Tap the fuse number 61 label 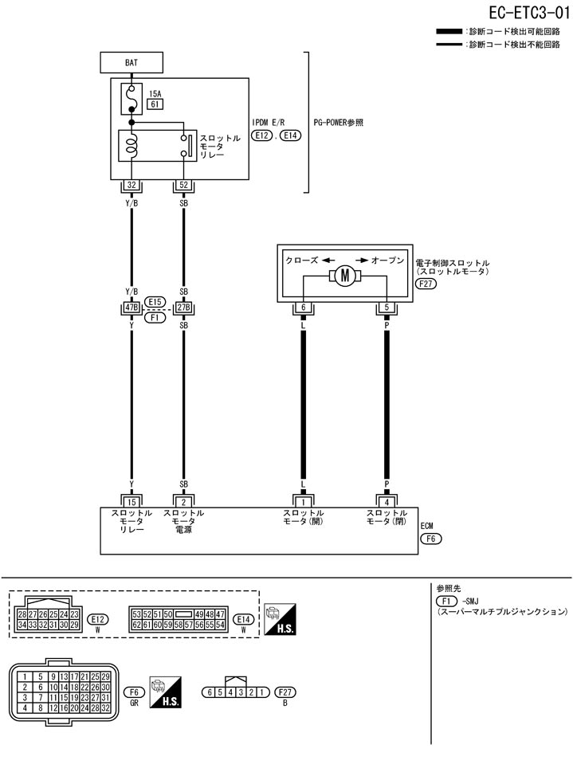(155, 104)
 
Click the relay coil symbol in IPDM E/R (131, 146)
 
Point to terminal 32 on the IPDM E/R (131, 186)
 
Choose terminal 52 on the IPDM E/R (184, 186)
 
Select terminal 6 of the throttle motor (303, 308)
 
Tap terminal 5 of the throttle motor (387, 308)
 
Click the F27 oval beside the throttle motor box (427, 283)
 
